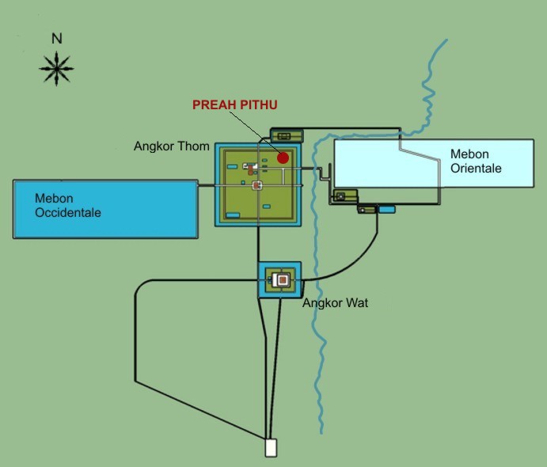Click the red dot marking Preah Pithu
pyautogui.click(x=283, y=158)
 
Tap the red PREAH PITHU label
pyautogui.click(x=235, y=104)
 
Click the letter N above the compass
pyautogui.click(x=57, y=38)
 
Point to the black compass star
pyautogui.click(x=56, y=68)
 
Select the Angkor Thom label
pyautogui.click(x=172, y=146)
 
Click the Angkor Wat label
pyautogui.click(x=336, y=302)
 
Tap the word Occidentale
pyautogui.click(x=68, y=212)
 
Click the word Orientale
pyautogui.click(x=476, y=168)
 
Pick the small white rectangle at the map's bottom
pyautogui.click(x=271, y=447)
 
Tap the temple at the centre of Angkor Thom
pyautogui.click(x=257, y=185)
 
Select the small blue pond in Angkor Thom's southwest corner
pyautogui.click(x=233, y=215)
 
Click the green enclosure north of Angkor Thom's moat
pyautogui.click(x=287, y=135)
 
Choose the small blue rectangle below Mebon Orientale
pyautogui.click(x=386, y=209)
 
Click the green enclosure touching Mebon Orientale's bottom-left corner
pyautogui.click(x=345, y=196)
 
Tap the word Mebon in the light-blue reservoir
pyautogui.click(x=469, y=154)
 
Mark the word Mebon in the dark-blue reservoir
pyautogui.click(x=54, y=198)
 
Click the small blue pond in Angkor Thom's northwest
pyautogui.click(x=232, y=167)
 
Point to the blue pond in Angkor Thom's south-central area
pyautogui.click(x=267, y=207)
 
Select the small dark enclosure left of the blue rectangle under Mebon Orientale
pyautogui.click(x=367, y=210)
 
